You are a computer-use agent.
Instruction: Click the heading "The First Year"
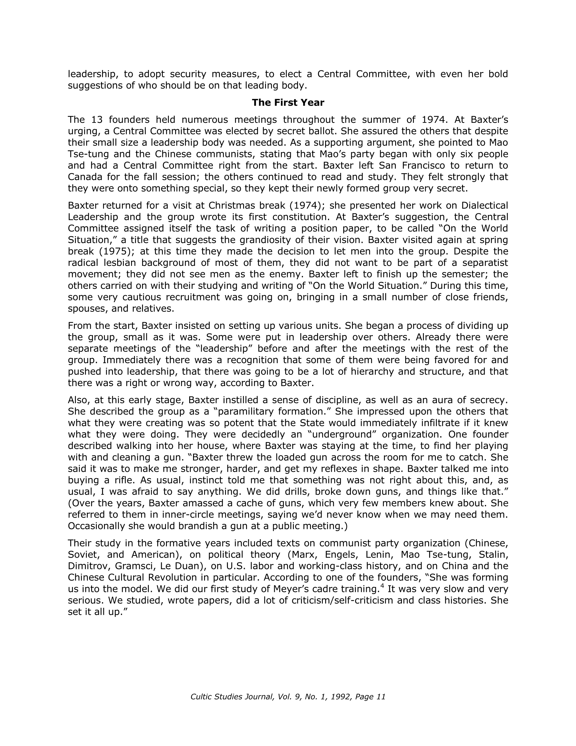click(288, 102)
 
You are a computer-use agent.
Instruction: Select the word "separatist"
click(485, 263)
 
